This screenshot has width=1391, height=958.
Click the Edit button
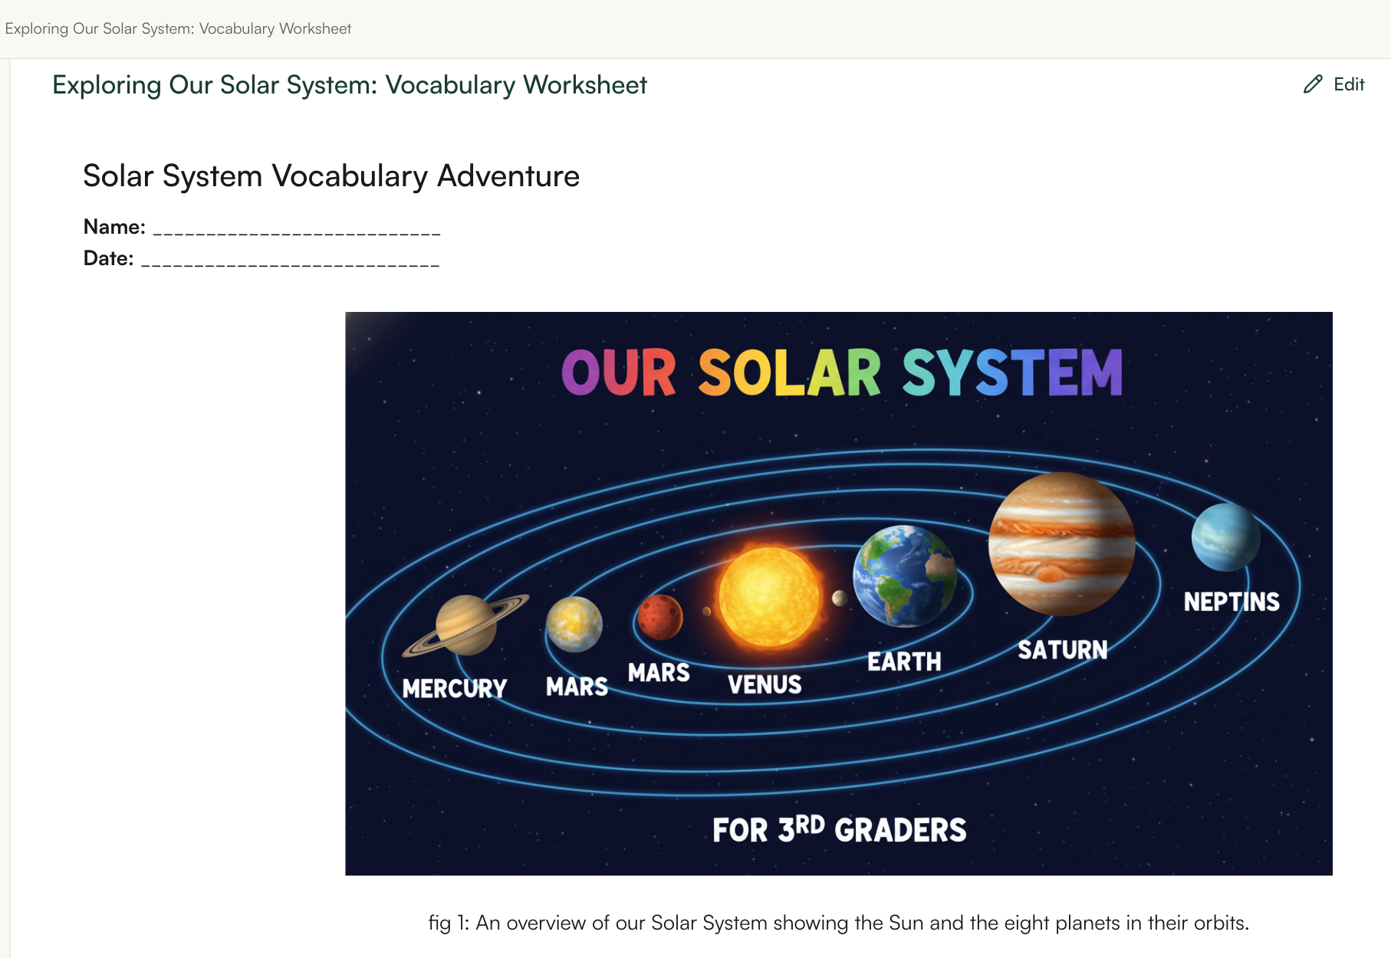click(x=1348, y=84)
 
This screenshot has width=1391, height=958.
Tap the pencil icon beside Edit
click(x=1313, y=84)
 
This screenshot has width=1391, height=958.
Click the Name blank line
click(x=297, y=229)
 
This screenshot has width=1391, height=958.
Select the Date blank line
click(x=291, y=261)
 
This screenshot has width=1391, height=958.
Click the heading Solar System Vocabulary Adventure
click(x=331, y=176)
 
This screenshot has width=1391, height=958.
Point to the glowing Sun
click(x=768, y=596)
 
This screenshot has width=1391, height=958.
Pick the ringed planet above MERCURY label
click(x=465, y=625)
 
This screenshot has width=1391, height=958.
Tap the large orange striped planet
click(x=1061, y=544)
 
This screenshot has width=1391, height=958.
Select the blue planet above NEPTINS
click(x=1225, y=537)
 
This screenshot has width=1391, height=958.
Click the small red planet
click(x=659, y=617)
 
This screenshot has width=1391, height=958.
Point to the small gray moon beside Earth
click(x=840, y=598)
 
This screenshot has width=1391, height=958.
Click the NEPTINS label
click(x=1232, y=602)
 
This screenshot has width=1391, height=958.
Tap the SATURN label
click(x=1063, y=651)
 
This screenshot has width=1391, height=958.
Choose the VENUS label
click(x=765, y=684)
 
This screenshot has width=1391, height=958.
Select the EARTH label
click(x=904, y=661)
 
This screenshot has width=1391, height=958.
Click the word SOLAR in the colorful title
click(x=789, y=373)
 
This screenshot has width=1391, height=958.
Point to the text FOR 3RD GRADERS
click(x=839, y=830)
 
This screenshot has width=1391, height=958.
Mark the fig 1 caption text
click(x=838, y=923)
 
